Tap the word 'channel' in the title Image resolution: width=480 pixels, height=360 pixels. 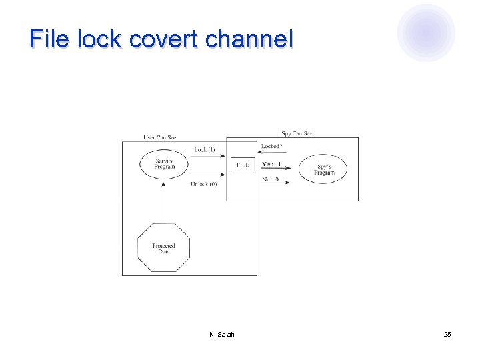coord(249,39)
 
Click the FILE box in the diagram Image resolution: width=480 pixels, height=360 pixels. coord(243,164)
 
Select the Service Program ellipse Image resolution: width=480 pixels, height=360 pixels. coord(165,164)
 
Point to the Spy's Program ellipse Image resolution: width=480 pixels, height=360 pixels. coord(325,169)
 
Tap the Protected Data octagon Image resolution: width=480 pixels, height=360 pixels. coord(163,248)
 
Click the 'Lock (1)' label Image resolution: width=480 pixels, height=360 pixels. coord(204,150)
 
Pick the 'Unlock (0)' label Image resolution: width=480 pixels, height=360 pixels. coord(203,184)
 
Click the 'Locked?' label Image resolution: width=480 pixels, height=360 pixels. coord(271,146)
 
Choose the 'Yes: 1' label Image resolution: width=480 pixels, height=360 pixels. coord(271,164)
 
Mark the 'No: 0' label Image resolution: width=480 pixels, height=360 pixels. coord(270,179)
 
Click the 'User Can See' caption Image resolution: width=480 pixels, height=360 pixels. coord(160,138)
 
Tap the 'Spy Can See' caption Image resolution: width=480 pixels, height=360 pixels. coord(296,133)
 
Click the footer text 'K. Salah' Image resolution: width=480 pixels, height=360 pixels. coord(221,334)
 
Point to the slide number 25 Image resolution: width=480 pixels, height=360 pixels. coord(447,334)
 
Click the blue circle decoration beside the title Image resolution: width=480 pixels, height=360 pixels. coord(426,32)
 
